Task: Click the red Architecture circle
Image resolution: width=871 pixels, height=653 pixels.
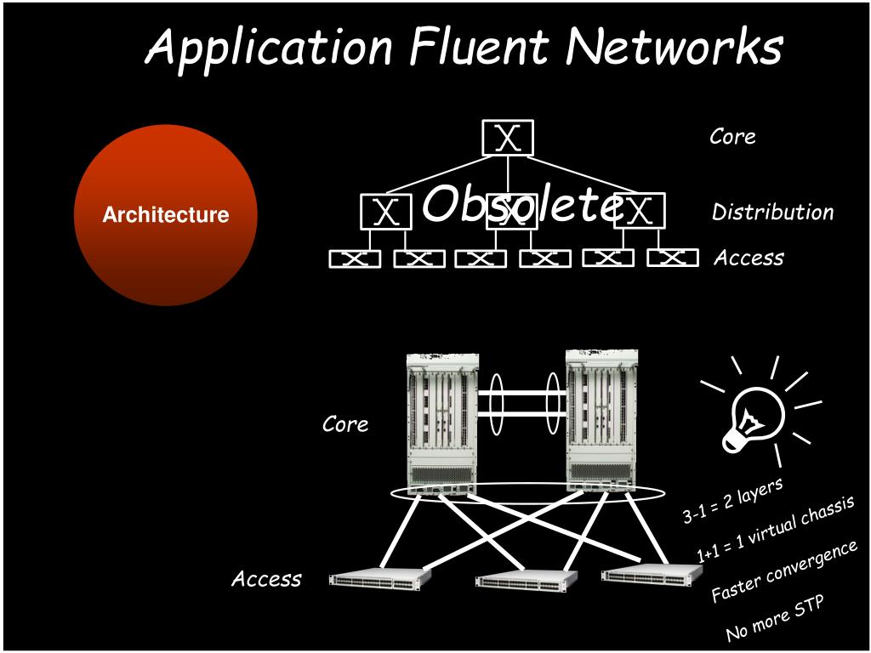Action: tap(166, 214)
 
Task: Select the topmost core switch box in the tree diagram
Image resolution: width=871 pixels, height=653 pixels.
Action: tap(508, 138)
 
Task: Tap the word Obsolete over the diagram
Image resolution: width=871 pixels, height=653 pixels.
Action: tap(519, 205)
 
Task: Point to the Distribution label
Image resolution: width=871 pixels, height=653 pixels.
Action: tap(772, 212)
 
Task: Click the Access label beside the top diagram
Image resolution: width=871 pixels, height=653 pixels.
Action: tap(749, 258)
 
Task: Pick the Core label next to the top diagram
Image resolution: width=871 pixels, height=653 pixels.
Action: tap(732, 137)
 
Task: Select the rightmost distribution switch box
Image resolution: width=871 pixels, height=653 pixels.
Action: tap(639, 211)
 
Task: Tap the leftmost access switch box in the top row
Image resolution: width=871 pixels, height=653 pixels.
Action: tap(355, 258)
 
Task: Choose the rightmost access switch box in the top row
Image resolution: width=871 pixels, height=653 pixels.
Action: tap(672, 257)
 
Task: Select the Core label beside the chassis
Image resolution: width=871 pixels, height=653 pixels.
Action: tap(345, 423)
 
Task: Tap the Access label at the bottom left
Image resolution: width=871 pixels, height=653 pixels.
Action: tap(266, 579)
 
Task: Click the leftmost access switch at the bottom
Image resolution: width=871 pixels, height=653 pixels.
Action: tap(379, 579)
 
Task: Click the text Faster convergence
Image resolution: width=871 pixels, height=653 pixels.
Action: tap(784, 571)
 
